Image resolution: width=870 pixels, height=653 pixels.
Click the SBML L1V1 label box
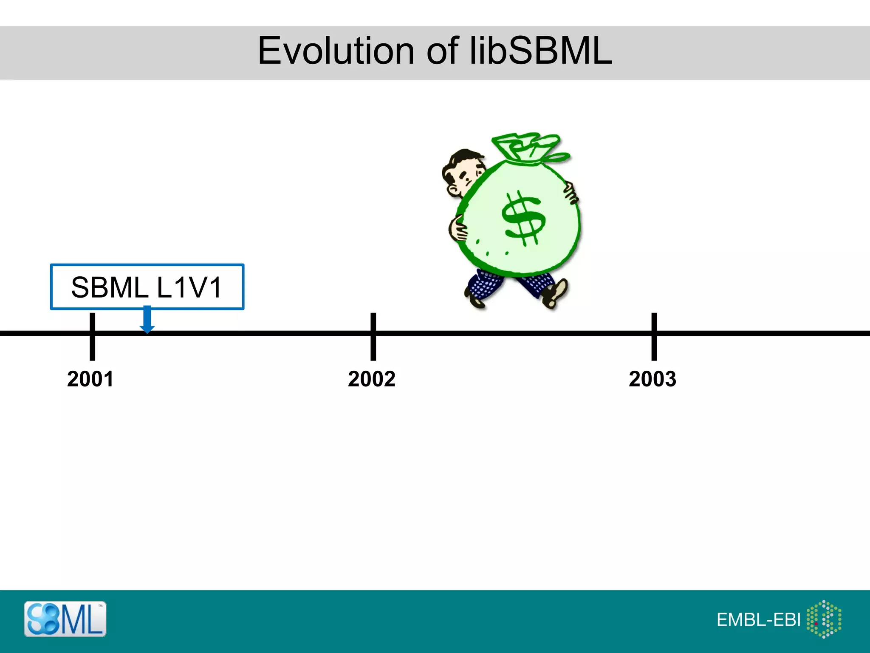tap(147, 287)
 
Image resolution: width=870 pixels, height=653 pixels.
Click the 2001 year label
tap(90, 379)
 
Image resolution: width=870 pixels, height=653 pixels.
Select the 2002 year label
tap(372, 379)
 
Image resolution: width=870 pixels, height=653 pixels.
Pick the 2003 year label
tap(652, 379)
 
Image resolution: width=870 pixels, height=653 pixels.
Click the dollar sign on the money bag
tap(523, 218)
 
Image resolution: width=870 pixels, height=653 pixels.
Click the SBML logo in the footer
tap(65, 619)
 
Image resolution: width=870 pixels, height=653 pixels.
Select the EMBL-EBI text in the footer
tap(758, 620)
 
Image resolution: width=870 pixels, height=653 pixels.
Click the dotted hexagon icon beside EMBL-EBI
tap(824, 619)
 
